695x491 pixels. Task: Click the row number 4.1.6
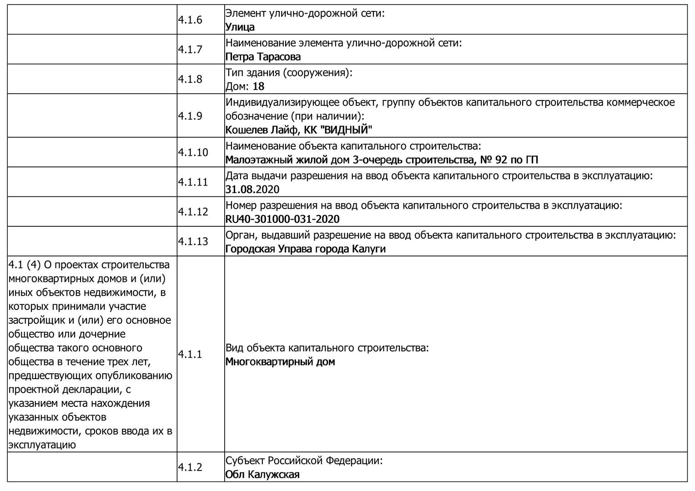190,20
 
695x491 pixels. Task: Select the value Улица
240,27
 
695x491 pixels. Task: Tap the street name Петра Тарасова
263,57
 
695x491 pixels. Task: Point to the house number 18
258,86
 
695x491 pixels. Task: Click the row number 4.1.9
190,116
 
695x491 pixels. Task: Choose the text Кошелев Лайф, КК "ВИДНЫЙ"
298,130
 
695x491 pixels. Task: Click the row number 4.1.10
193,152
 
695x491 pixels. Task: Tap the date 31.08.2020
252,190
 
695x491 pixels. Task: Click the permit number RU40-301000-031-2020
282,219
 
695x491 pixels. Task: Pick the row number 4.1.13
193,241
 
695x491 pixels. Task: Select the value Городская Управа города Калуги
305,249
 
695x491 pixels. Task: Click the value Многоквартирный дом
280,362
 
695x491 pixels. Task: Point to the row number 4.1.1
190,355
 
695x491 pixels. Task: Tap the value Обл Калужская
262,475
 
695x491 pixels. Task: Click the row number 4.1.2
190,467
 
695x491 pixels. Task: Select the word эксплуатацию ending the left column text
42,445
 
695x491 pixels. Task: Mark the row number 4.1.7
190,50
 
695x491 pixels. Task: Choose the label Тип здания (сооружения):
289,72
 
